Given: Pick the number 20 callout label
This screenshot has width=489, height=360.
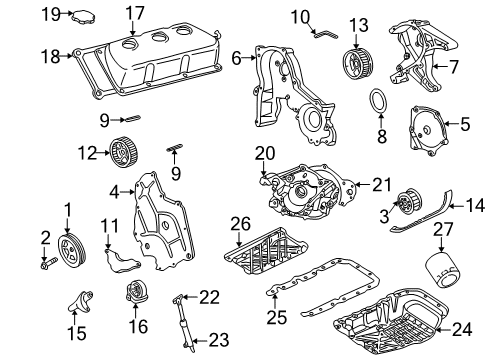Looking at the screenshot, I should pyautogui.click(x=263, y=152).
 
